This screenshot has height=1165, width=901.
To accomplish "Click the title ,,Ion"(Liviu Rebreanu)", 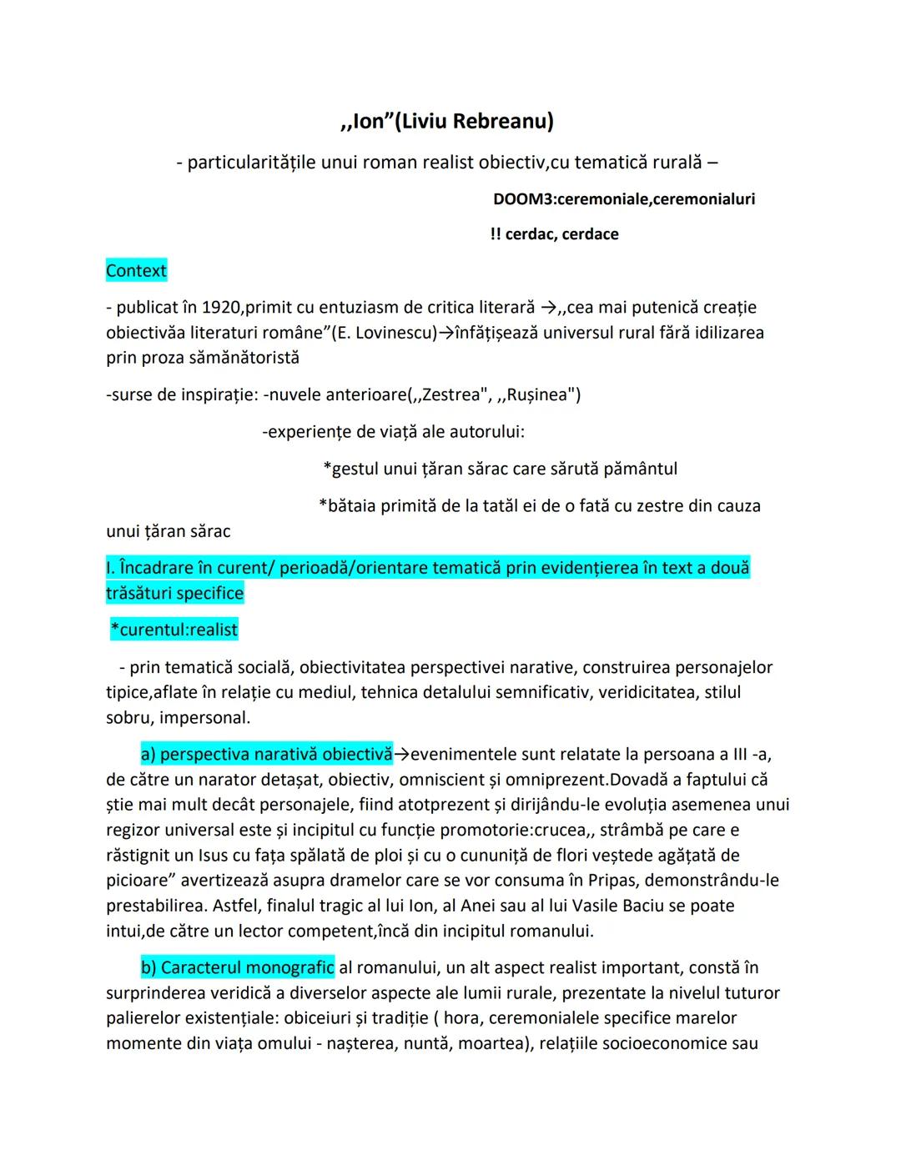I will (447, 122).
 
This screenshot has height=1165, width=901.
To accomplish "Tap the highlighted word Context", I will (136, 270).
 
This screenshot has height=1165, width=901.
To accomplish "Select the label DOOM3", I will (523, 199).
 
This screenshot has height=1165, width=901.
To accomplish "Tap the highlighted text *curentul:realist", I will (174, 630).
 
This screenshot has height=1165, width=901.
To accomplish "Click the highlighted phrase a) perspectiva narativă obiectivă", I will (266, 755).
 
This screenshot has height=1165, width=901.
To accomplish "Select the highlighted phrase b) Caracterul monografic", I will (237, 967).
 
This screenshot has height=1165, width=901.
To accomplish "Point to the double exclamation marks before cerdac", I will (496, 234).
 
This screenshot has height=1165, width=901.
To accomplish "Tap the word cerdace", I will (590, 234).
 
